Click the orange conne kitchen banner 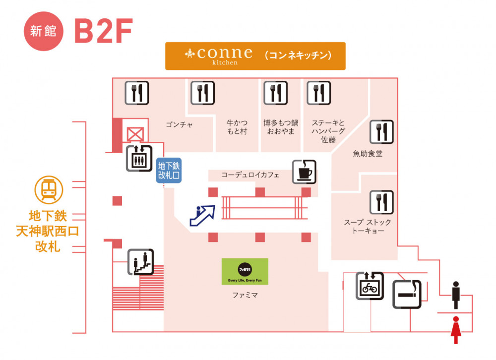[x=255, y=56]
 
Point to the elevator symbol [x=139, y=158]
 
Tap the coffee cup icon [x=304, y=172]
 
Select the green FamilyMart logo [x=245, y=271]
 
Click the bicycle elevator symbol [x=370, y=286]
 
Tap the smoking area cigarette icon [x=407, y=294]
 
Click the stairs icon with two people [x=141, y=262]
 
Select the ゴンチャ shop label [x=179, y=124]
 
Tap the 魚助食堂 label [x=368, y=154]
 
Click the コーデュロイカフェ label [x=250, y=175]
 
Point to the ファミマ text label [x=245, y=296]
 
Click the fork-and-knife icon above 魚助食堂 [x=381, y=132]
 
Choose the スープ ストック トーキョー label [x=368, y=227]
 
